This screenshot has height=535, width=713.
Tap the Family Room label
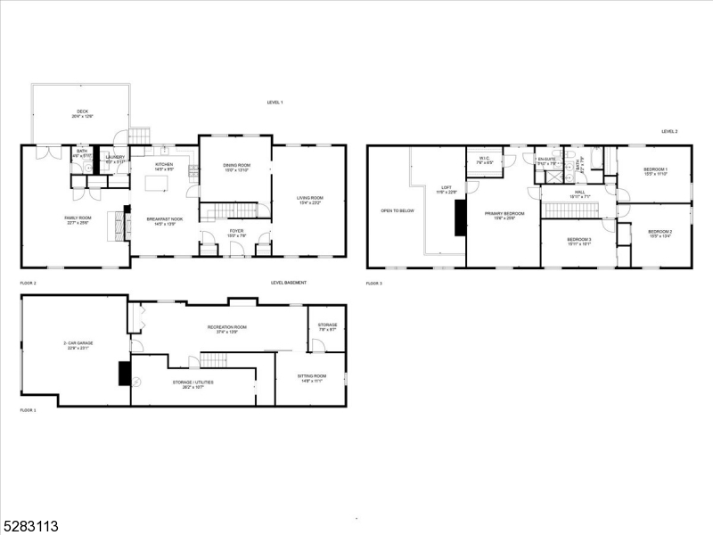78,219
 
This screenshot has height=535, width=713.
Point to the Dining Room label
234,166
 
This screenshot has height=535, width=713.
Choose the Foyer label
235,232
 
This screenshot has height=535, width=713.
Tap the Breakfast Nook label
165,219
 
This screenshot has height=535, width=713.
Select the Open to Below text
397,210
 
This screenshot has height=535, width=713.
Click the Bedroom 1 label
655,169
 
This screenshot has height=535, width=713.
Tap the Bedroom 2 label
660,232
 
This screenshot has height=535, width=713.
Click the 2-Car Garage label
78,344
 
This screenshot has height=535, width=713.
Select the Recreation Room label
227,328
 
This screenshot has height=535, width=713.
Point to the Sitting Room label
312,377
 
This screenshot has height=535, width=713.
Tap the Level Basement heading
289,283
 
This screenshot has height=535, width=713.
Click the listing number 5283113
32,526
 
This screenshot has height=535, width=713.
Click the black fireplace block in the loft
460,218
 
